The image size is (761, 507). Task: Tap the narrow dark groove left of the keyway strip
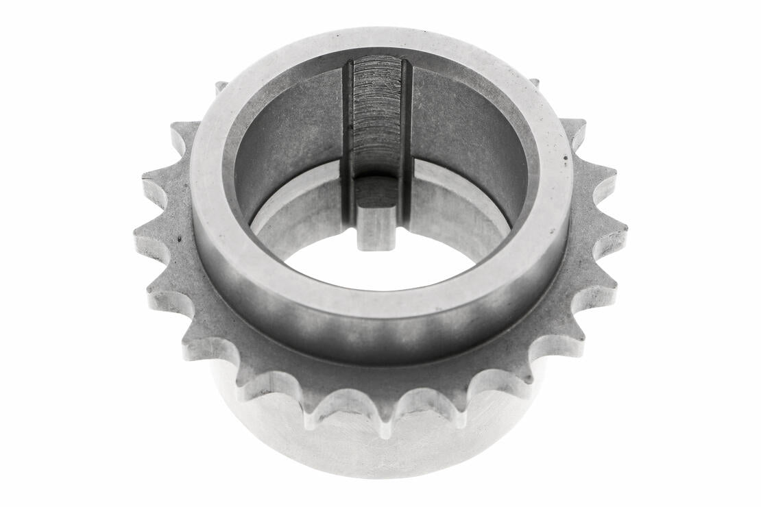click(347, 137)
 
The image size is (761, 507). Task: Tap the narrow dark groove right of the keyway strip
click(406, 137)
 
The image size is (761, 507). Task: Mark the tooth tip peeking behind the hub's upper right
click(533, 83)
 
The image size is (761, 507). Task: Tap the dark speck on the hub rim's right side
click(564, 158)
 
